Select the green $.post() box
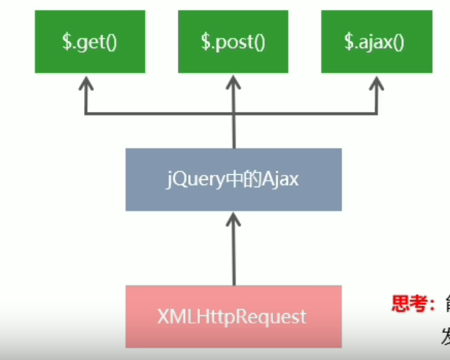coord(233,41)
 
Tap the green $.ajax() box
coord(375,41)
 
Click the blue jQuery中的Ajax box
coord(233,179)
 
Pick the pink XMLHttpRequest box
coord(233,316)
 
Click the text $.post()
coord(233,41)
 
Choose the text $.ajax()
coord(375,41)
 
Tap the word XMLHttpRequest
coord(233,317)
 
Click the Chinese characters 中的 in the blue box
coord(239,179)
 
